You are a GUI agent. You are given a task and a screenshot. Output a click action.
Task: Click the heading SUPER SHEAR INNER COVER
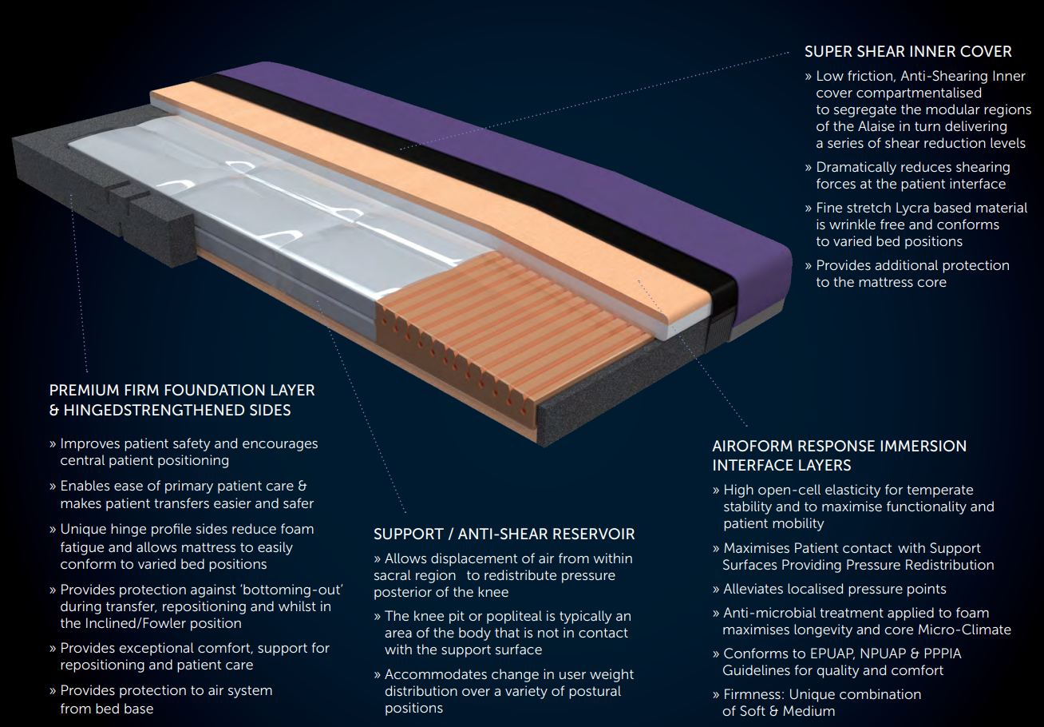pos(908,52)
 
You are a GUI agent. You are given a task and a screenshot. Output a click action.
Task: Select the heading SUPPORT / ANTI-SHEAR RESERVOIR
pos(504,534)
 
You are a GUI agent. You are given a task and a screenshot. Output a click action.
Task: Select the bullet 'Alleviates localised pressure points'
pos(834,589)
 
